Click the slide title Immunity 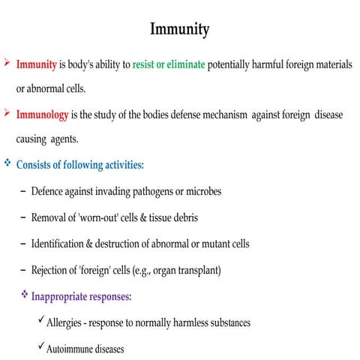point(180,30)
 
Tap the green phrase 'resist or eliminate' point(169,65)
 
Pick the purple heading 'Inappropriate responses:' point(81,296)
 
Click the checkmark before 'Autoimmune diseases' point(40,347)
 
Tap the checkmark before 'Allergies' point(40,321)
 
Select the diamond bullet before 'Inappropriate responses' point(24,295)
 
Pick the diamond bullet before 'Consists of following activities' point(7,163)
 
